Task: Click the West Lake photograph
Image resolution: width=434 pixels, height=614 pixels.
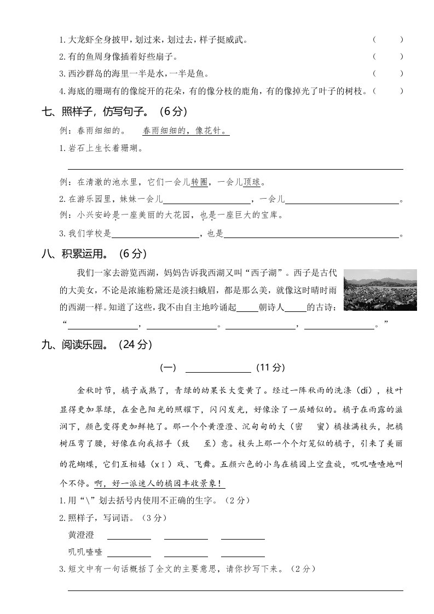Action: click(380, 289)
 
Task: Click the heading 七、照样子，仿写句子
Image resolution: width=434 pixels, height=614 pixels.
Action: click(115, 112)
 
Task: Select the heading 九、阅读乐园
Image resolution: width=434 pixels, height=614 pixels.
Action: click(96, 345)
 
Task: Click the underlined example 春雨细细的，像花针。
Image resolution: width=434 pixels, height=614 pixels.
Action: click(185, 131)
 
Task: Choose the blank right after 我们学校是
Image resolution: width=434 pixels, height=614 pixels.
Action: click(155, 234)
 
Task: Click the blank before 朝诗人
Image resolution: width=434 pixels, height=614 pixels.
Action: click(247, 308)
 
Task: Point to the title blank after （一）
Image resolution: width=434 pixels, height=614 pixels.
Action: click(218, 368)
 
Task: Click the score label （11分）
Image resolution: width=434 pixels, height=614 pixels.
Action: click(270, 368)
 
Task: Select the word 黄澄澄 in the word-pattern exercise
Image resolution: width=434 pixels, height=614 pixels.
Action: click(81, 534)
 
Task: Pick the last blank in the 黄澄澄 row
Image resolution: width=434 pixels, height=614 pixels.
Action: click(243, 535)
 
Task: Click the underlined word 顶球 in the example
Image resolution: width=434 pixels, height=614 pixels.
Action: click(252, 182)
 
